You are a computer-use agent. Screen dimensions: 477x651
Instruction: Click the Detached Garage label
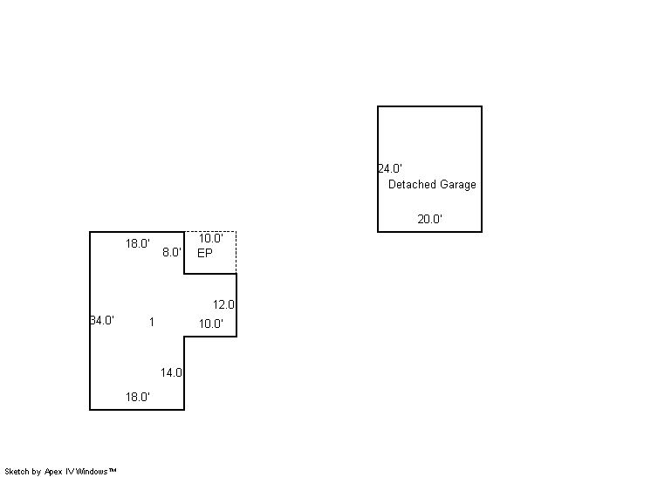pyautogui.click(x=432, y=185)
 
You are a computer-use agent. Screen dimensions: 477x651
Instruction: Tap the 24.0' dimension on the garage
pyautogui.click(x=389, y=168)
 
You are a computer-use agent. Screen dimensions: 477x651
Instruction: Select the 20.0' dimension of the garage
pyautogui.click(x=429, y=220)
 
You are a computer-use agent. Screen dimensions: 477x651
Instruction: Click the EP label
pyautogui.click(x=205, y=253)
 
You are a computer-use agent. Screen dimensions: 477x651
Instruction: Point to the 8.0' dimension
pyautogui.click(x=172, y=252)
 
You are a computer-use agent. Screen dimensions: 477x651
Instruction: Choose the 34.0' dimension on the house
pyautogui.click(x=102, y=320)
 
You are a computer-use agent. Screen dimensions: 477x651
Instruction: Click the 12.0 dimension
pyautogui.click(x=224, y=304)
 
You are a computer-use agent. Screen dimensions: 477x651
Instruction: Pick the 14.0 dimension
pyautogui.click(x=171, y=372)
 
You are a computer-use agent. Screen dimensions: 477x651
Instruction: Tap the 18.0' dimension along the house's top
pyautogui.click(x=137, y=244)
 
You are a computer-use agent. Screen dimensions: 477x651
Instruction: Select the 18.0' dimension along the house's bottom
pyautogui.click(x=137, y=397)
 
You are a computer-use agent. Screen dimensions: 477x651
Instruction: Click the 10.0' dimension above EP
pyautogui.click(x=210, y=238)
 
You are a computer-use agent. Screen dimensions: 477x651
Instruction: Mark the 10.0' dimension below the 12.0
pyautogui.click(x=210, y=324)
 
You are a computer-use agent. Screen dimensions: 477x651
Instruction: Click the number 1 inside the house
pyautogui.click(x=151, y=322)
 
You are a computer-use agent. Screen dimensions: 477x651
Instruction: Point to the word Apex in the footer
pyautogui.click(x=54, y=471)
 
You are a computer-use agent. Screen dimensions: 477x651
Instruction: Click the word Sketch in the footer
pyautogui.click(x=17, y=471)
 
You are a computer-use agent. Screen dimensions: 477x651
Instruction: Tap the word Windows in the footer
pyautogui.click(x=94, y=471)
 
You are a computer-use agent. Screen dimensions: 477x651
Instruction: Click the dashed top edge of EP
pyautogui.click(x=210, y=231)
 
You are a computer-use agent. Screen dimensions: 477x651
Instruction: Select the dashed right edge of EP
pyautogui.click(x=236, y=252)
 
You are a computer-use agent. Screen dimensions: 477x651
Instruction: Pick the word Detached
pyautogui.click(x=412, y=185)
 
